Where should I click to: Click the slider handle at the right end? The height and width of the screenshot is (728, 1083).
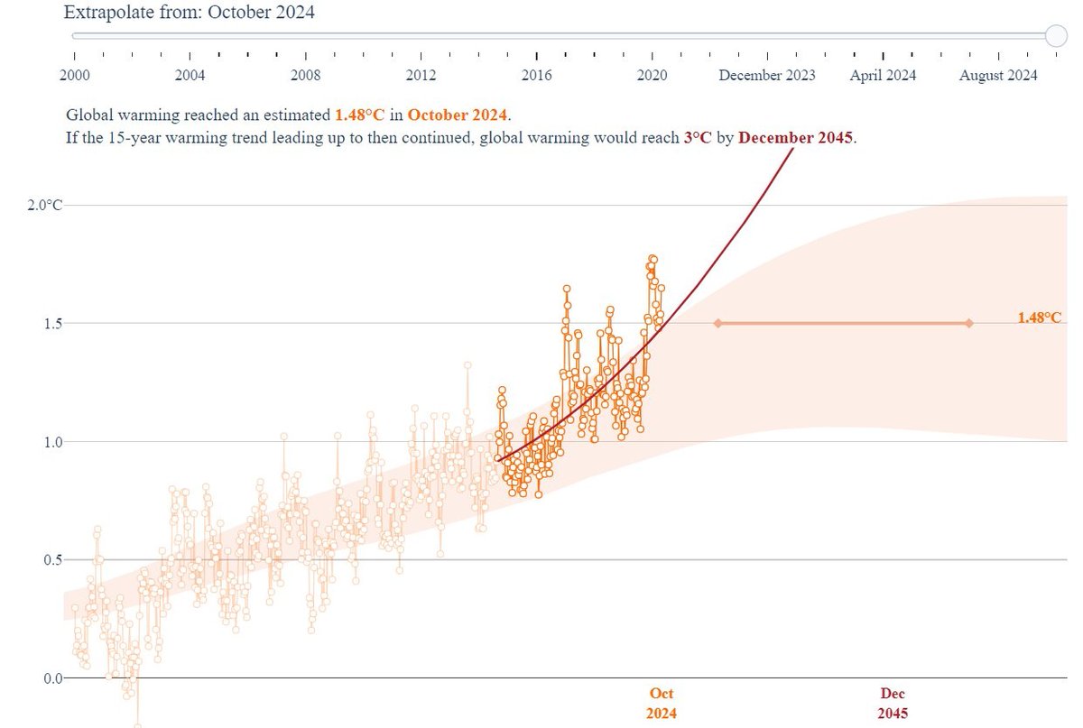1056,35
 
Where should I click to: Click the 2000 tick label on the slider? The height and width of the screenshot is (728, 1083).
74,76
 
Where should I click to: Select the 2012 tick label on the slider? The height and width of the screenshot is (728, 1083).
421,76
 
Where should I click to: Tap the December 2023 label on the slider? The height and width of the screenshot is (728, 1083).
766,76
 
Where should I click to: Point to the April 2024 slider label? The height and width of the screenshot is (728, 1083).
883,76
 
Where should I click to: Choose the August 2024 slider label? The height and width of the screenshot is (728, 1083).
998,76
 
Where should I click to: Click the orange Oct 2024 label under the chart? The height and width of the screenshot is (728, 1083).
662,703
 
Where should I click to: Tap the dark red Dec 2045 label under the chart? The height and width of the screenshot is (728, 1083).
893,703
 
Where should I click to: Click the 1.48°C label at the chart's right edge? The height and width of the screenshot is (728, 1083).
1039,318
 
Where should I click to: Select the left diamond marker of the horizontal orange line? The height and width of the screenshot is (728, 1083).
717,323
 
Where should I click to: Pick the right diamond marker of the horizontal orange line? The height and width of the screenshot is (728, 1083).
968,323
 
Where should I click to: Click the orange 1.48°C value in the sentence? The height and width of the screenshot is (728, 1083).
360,115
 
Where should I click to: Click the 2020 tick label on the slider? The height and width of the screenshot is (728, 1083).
653,76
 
